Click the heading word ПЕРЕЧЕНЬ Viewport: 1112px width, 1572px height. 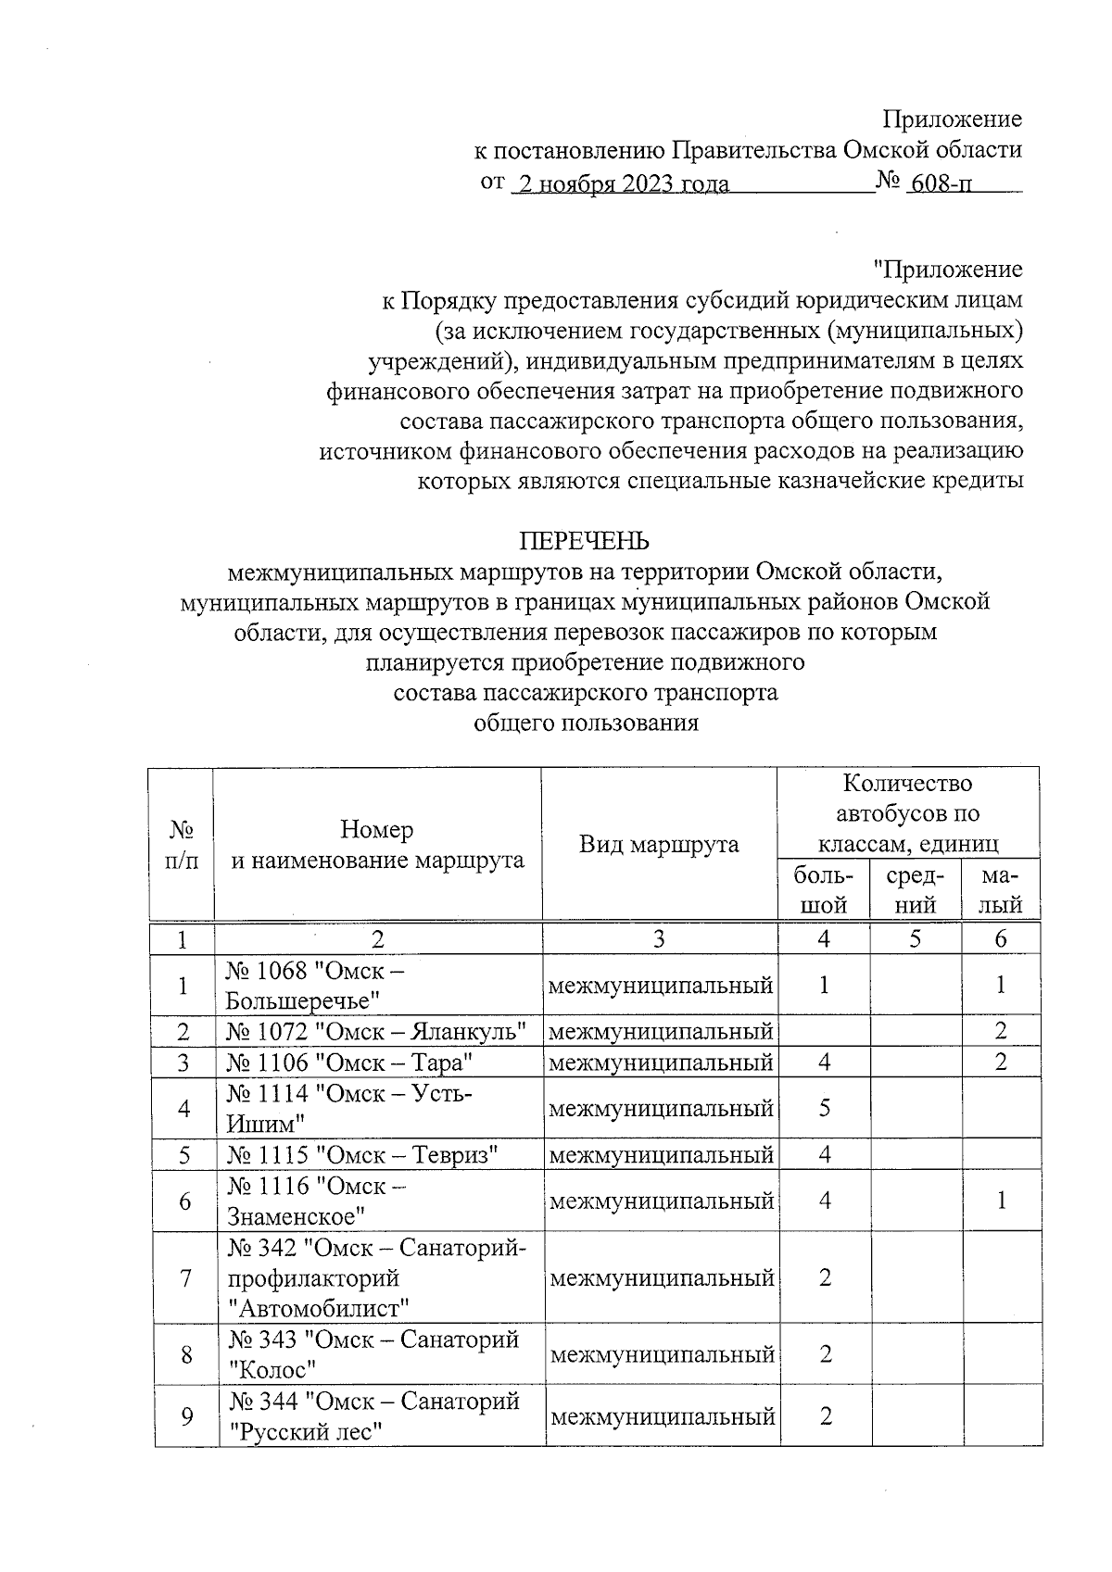tap(583, 541)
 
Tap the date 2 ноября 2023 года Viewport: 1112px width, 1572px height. tap(623, 183)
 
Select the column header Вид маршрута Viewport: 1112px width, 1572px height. tap(659, 844)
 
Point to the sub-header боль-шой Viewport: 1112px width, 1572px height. tap(823, 890)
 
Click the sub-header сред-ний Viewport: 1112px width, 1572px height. tap(916, 890)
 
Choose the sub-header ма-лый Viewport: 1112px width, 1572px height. tap(1001, 890)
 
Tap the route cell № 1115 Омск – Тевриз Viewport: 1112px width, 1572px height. tap(363, 1154)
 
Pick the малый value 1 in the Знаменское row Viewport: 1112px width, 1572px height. tap(1001, 1201)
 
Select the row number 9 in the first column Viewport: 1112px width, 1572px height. tap(185, 1416)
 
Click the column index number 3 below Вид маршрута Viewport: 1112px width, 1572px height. tap(658, 939)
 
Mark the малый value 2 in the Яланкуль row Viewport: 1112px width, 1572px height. tap(1001, 1031)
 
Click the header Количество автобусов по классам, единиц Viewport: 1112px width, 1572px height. tap(907, 813)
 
